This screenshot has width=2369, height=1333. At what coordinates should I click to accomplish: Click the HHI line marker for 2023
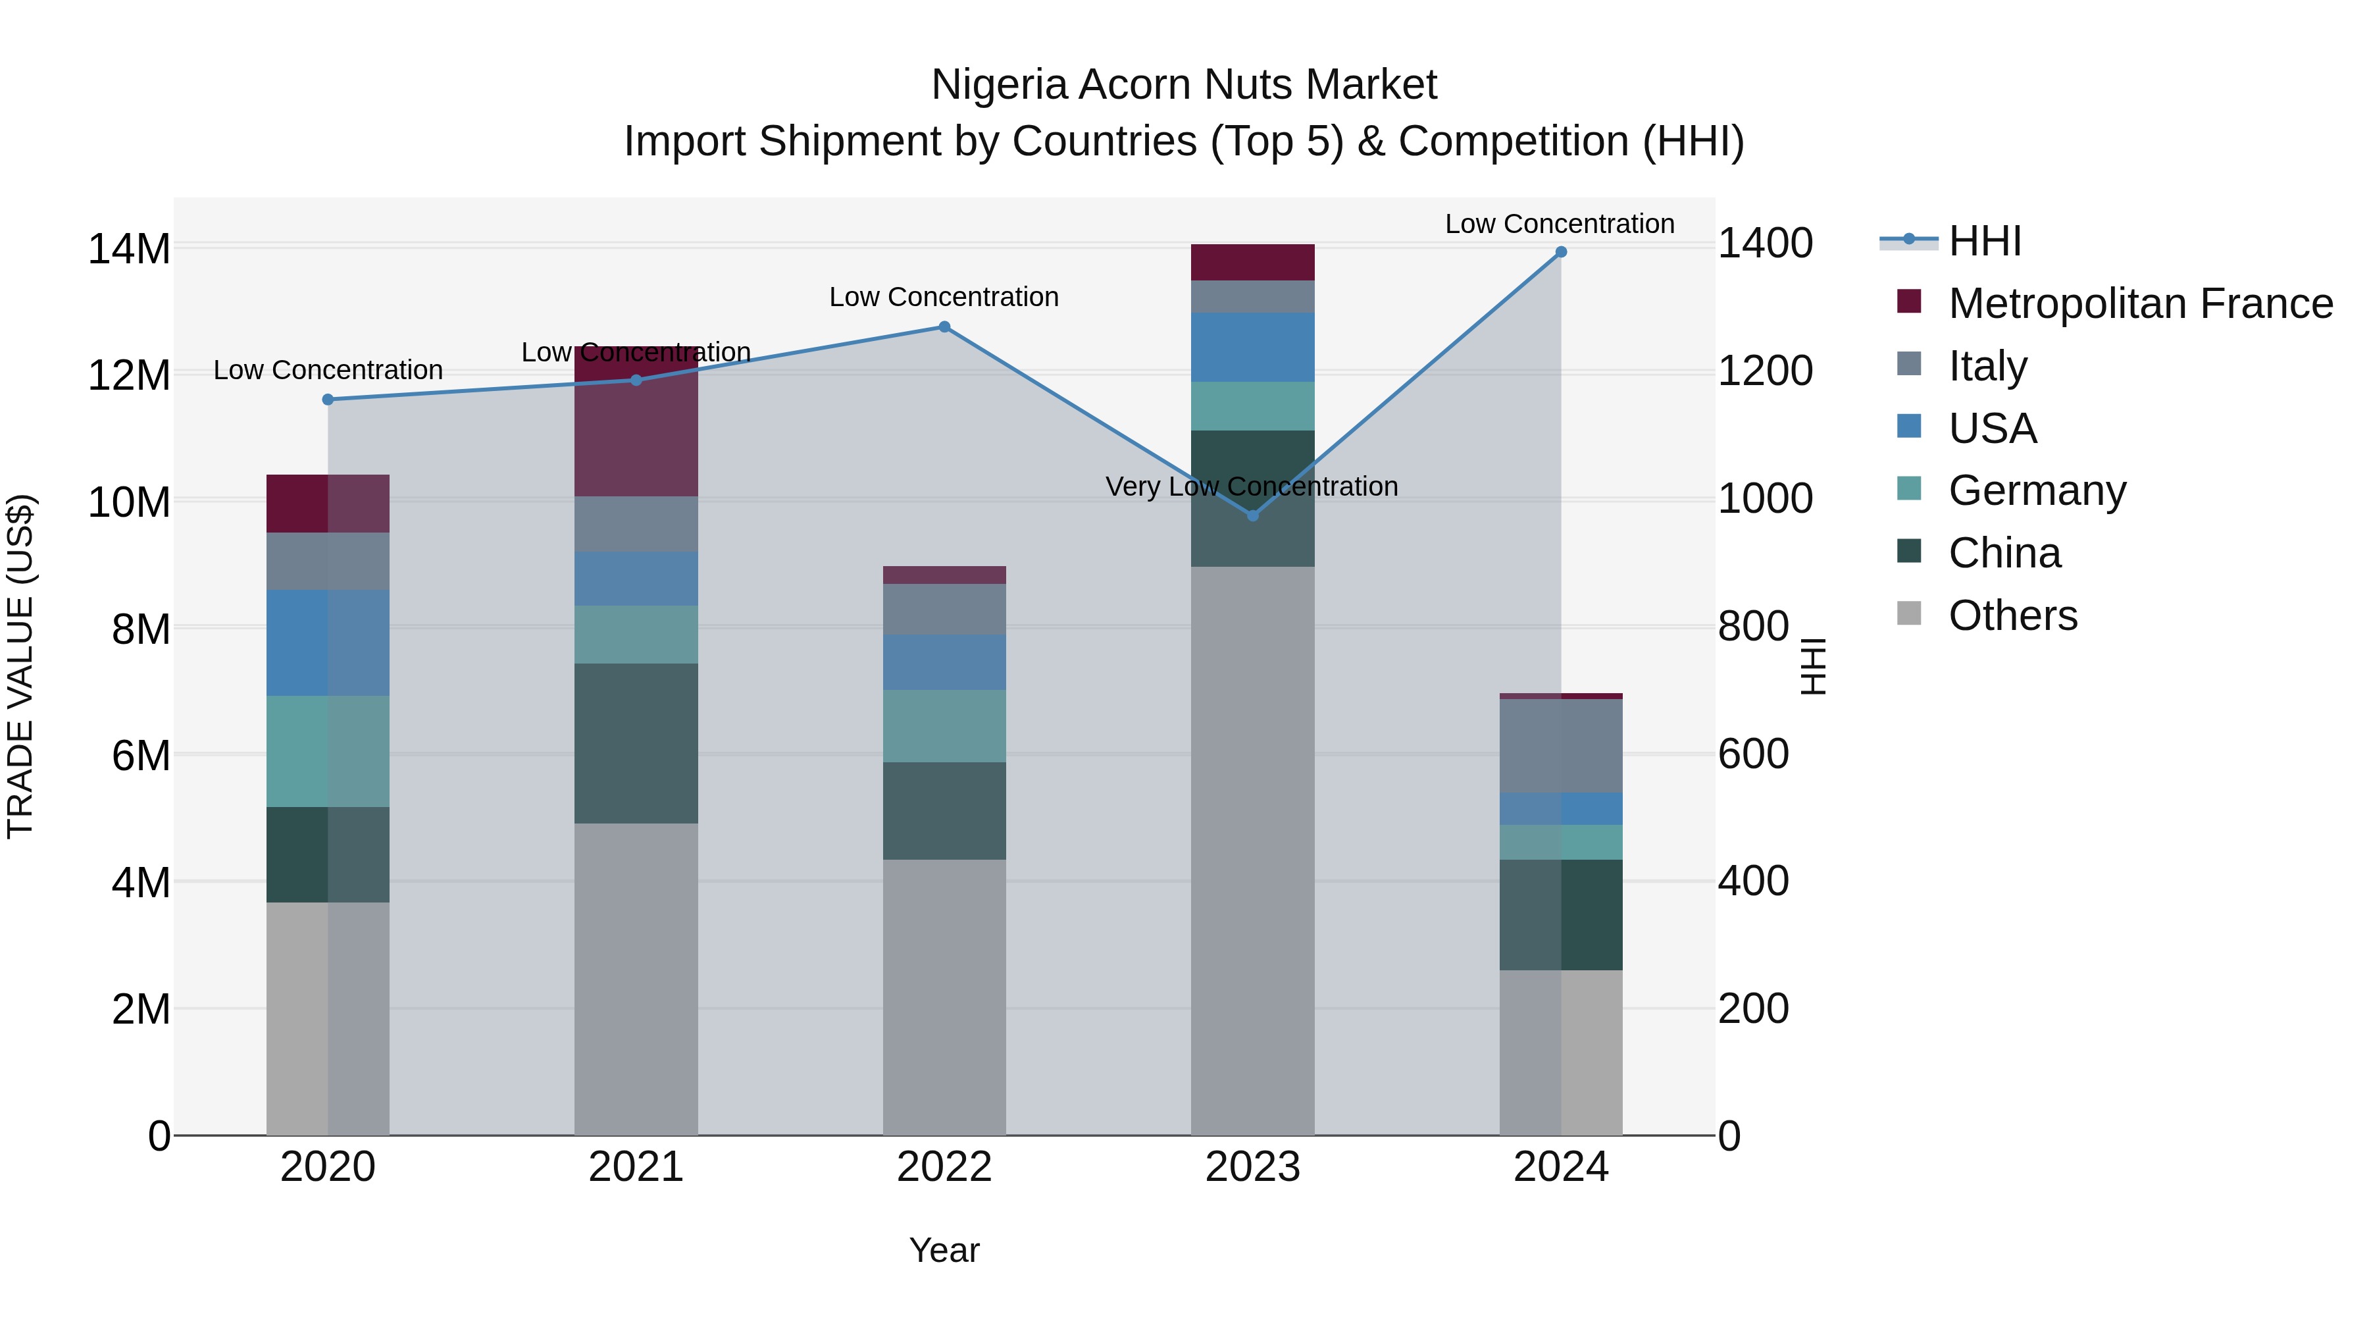(x=1252, y=515)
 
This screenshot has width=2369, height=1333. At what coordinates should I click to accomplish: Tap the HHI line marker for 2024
(x=1561, y=252)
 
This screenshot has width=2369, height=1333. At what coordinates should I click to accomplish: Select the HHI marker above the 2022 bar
(x=944, y=327)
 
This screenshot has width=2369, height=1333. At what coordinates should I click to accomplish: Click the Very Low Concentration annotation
(x=1252, y=486)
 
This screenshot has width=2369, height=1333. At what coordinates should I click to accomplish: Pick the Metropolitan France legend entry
(x=2140, y=303)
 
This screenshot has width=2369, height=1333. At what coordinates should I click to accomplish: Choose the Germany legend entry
(x=2037, y=490)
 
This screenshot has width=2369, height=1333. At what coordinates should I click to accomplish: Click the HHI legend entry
(x=1985, y=241)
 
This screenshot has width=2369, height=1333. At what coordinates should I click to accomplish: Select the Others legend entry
(x=2012, y=615)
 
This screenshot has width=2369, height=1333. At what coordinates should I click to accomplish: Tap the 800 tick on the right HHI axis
(x=1753, y=627)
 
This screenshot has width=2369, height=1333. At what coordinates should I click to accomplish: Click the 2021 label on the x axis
(x=636, y=1167)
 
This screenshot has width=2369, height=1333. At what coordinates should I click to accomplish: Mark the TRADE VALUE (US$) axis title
(x=20, y=666)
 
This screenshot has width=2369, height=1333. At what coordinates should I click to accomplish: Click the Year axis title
(x=944, y=1250)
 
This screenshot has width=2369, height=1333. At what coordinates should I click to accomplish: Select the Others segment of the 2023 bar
(x=1252, y=851)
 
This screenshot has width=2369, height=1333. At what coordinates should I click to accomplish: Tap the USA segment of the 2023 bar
(x=1252, y=347)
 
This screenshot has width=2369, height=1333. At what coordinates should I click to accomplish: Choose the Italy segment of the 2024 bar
(x=1561, y=745)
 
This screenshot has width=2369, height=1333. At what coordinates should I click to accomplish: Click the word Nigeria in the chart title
(x=1000, y=85)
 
